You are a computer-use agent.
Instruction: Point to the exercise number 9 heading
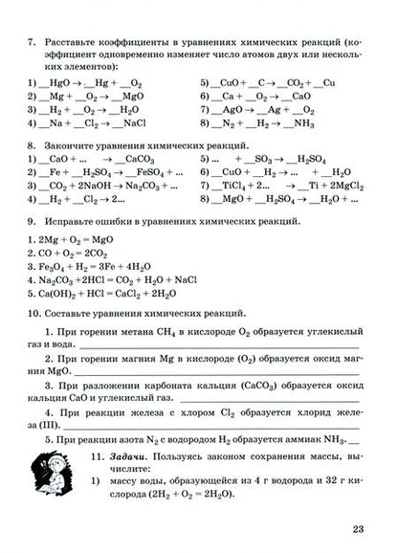pyautogui.click(x=32, y=221)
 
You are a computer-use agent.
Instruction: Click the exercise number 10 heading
pyautogui.click(x=34, y=313)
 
